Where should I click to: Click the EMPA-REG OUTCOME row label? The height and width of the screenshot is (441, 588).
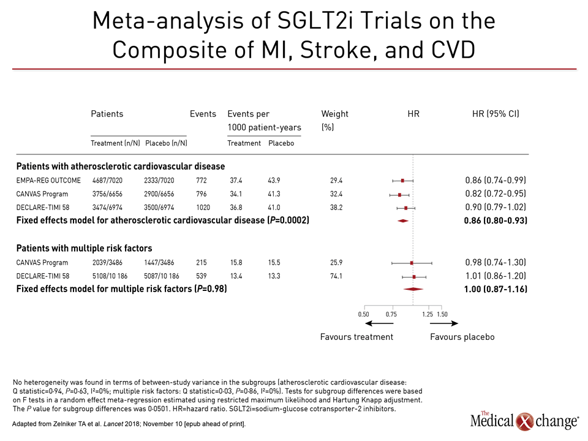(48, 180)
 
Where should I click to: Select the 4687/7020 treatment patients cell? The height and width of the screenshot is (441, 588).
(107, 180)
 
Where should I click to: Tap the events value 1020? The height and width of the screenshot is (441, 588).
(203, 208)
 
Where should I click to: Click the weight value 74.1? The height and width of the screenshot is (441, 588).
(336, 276)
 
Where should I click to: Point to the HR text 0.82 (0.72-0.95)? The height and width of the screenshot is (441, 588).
(496, 194)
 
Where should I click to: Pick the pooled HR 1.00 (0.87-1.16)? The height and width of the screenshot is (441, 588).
(496, 289)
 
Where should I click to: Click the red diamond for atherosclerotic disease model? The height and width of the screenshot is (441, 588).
(403, 221)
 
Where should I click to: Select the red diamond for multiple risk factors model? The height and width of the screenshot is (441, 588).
(413, 289)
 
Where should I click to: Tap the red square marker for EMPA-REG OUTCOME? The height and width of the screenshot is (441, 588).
(403, 181)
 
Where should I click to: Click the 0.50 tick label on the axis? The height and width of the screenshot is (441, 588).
(363, 314)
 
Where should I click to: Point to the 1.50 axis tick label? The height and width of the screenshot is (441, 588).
(442, 314)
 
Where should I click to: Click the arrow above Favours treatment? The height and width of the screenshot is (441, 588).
(379, 323)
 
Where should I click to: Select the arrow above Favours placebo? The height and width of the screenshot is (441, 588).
(444, 323)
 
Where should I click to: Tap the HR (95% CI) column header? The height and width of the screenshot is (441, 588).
(496, 114)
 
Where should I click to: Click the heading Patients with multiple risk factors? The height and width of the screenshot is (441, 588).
(84, 248)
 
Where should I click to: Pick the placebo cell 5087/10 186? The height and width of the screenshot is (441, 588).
(162, 276)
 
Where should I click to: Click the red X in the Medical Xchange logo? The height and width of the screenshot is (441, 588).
(525, 421)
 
